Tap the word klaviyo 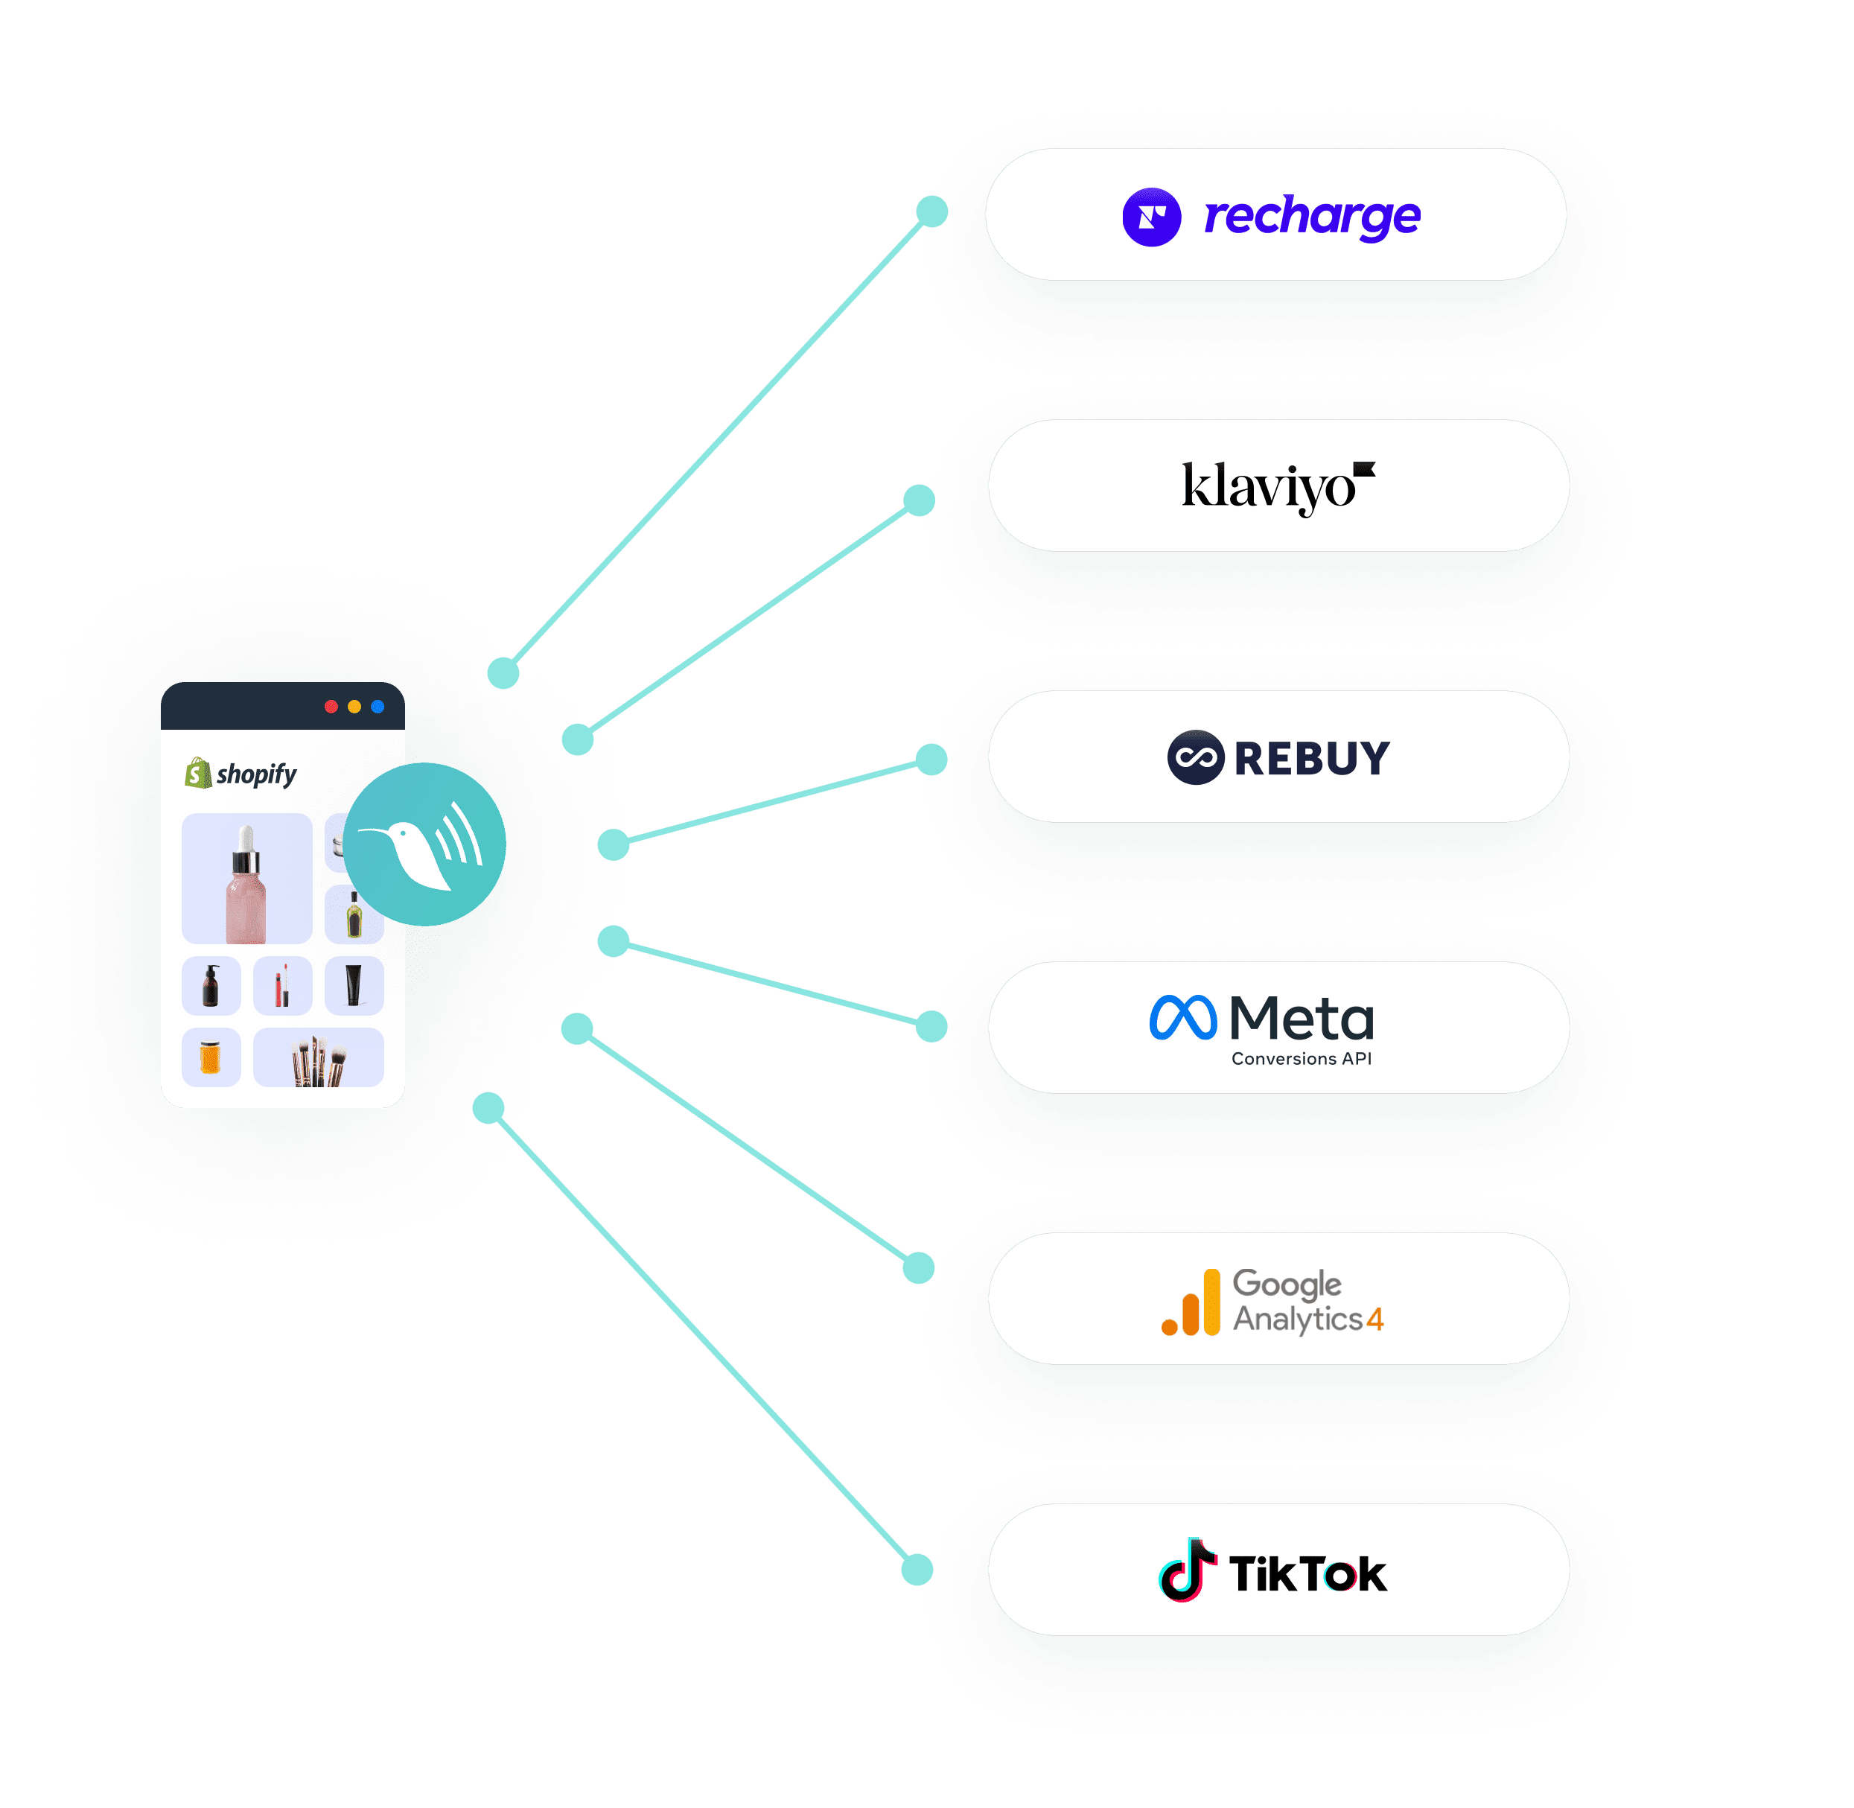pos(1267,487)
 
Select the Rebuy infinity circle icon pos(1195,757)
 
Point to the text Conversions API pos(1301,1059)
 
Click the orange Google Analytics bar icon pos(1191,1304)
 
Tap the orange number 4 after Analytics pos(1374,1320)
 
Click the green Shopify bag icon pos(197,773)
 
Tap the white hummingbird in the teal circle pos(418,848)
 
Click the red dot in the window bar pos(331,707)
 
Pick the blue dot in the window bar pos(378,707)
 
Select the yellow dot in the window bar pos(354,707)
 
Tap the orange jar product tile pos(211,1057)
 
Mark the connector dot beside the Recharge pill pos(932,211)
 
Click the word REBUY pos(1311,758)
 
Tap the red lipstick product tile pos(282,986)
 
